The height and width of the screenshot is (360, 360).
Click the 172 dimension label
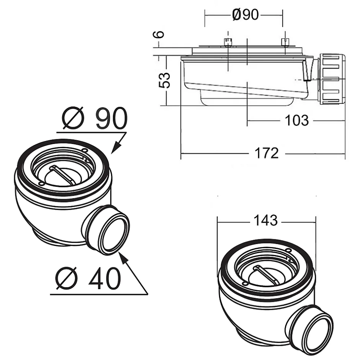coord(267,153)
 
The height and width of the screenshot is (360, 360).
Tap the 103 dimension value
coord(297,120)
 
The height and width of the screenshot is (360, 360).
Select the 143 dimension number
coord(266,221)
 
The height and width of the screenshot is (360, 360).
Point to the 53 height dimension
coord(165,80)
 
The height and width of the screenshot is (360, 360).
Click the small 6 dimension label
coord(159,34)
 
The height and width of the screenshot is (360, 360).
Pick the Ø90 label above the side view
coord(245,15)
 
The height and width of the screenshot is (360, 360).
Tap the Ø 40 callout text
coord(88,278)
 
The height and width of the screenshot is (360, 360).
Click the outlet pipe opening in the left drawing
coord(113,234)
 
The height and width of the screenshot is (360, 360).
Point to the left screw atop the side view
coord(228,42)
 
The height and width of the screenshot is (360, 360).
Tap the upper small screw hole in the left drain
coord(85,151)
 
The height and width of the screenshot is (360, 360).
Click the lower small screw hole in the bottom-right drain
coord(245,285)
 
